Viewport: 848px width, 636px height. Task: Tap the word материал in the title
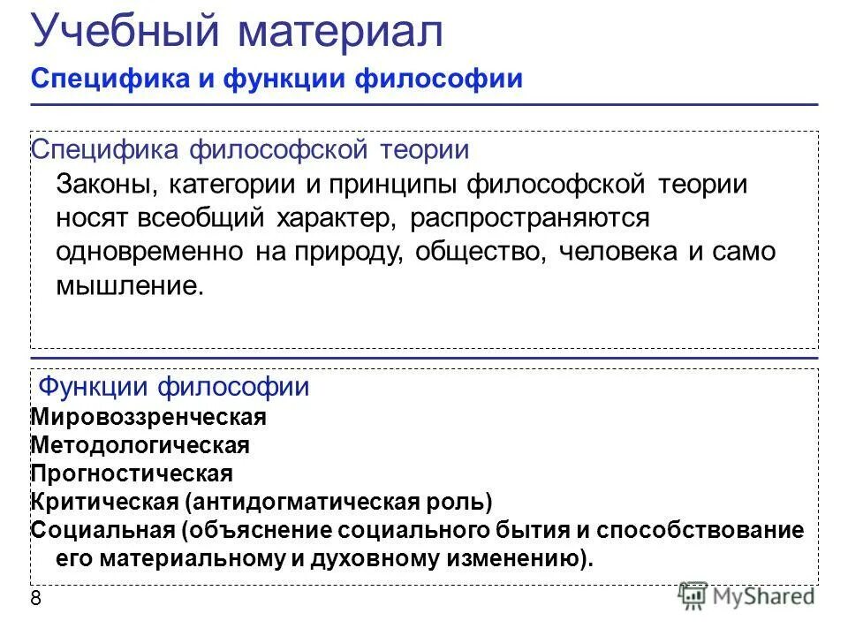point(339,33)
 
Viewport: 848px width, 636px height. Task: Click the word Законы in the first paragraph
point(101,185)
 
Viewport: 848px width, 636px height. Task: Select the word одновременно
point(149,251)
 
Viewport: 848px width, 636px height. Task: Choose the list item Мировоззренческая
point(148,415)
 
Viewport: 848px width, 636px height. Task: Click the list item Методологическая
point(140,445)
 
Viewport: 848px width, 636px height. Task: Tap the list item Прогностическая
point(132,474)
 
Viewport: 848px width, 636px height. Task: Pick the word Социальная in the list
point(103,531)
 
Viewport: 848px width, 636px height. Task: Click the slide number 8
point(35,599)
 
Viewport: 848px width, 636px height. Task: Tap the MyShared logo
point(747,596)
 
